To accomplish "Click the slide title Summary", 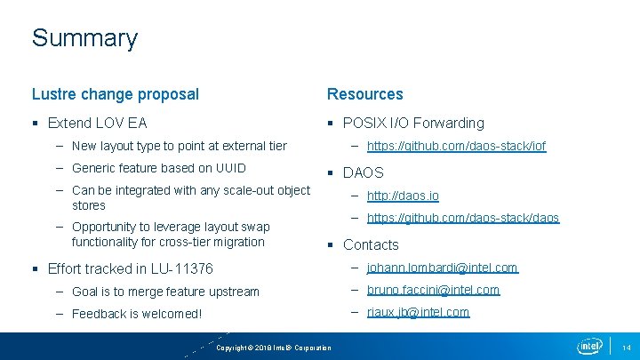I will tap(84, 38).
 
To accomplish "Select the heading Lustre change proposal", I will tap(116, 94).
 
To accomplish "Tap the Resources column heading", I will tap(365, 94).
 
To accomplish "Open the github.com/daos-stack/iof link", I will tap(456, 146).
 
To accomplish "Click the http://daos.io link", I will tap(403, 196).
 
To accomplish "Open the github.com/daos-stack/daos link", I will tap(463, 218).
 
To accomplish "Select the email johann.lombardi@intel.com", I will tap(442, 268).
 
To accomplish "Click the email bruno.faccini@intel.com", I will tap(433, 290).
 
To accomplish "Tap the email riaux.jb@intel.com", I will tap(418, 312).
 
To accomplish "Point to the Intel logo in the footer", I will tap(589, 346).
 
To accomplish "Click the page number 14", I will tap(626, 347).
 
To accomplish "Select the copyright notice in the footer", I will tap(274, 348).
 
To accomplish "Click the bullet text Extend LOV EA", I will tap(98, 123).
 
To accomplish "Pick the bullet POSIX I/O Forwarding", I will tap(413, 123).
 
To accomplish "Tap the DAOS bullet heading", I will tap(363, 172).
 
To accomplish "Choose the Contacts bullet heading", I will tap(371, 244).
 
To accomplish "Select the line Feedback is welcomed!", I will tap(137, 314).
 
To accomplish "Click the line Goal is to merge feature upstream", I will tap(165, 292).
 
